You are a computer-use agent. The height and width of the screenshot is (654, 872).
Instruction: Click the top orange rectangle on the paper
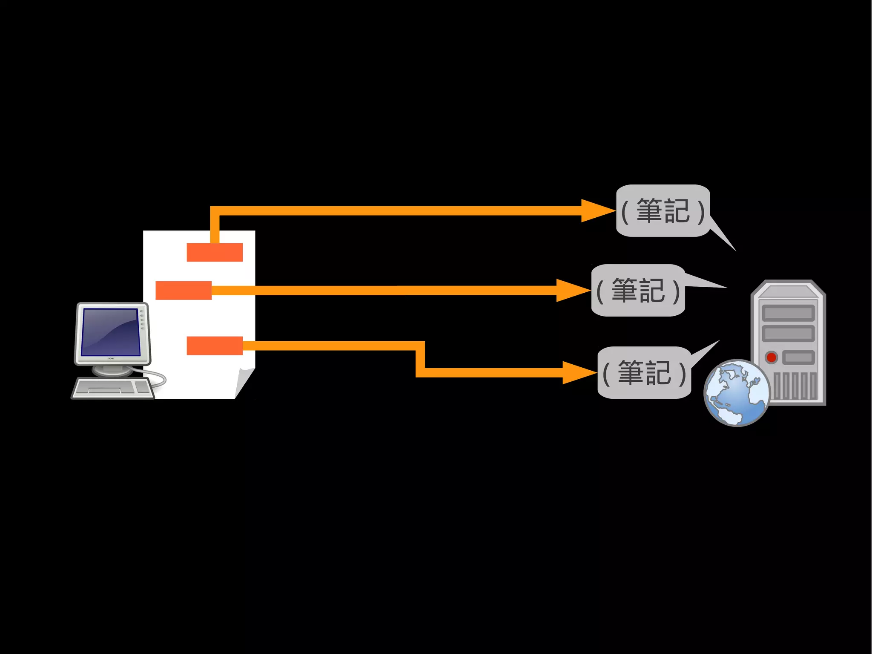point(215,252)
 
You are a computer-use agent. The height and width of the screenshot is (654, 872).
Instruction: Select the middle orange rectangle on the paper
point(184,291)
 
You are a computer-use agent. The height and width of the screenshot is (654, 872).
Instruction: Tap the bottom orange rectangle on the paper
point(215,346)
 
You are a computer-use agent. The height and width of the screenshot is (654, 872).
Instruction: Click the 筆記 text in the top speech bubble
point(663,211)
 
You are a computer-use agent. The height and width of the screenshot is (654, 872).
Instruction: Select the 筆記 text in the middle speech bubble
point(638,291)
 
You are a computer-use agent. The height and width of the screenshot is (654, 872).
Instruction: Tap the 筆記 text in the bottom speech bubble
point(644,373)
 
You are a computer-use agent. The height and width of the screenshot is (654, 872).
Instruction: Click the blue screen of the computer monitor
point(111,332)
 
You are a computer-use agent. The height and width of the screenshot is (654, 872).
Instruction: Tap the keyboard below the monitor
point(113,388)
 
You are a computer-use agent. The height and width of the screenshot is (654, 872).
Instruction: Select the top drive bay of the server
point(788,313)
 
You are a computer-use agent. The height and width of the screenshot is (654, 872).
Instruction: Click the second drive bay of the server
point(788,333)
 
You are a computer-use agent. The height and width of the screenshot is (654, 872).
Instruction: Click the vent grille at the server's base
point(795,386)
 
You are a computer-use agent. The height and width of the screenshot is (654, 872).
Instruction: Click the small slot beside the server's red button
point(798,357)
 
